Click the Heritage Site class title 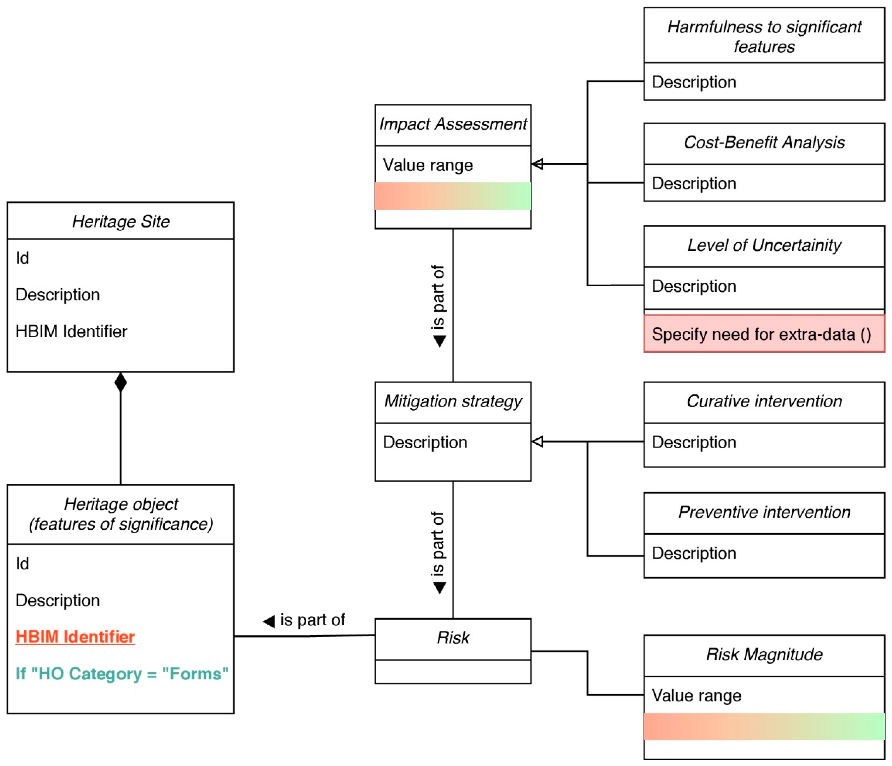tap(121, 222)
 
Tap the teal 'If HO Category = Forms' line tap(122, 673)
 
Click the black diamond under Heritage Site tap(121, 382)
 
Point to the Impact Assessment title tap(453, 124)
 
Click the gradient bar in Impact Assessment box tap(453, 196)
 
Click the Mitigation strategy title tap(453, 401)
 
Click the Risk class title tap(453, 638)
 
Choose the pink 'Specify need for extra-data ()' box tap(764, 334)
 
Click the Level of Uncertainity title tap(764, 245)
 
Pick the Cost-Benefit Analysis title tap(764, 142)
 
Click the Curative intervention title tap(764, 401)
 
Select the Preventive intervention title tap(764, 512)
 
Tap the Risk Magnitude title tap(764, 654)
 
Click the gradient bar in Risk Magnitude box tap(764, 727)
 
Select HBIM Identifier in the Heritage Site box tap(72, 331)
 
